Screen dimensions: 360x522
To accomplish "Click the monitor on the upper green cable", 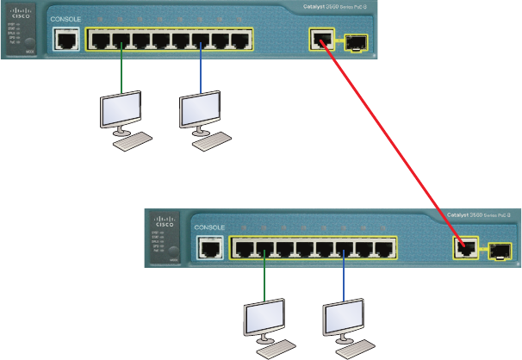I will tap(119, 110).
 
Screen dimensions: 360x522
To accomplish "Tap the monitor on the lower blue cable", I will tap(343, 320).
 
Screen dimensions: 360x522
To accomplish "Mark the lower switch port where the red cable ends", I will tap(465, 249).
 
